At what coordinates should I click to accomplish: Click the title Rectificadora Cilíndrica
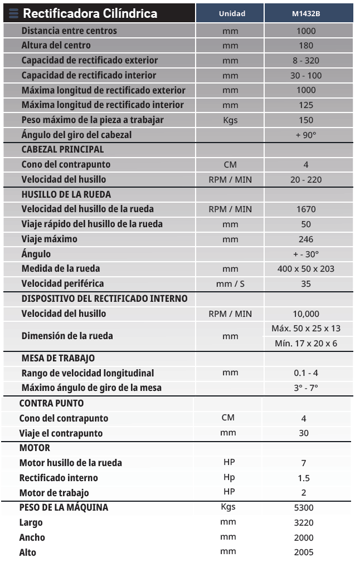tap(90, 13)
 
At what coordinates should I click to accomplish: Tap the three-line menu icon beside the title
tap(13, 13)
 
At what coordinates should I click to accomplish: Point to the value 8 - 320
tap(306, 61)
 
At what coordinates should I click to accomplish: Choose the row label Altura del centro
tap(56, 46)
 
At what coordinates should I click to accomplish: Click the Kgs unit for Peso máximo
tap(230, 120)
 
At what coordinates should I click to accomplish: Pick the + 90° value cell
tap(307, 135)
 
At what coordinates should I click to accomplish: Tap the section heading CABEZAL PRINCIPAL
tap(62, 150)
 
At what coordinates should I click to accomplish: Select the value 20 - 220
tap(306, 180)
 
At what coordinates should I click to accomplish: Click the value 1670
tap(306, 209)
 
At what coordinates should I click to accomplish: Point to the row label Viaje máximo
tap(49, 239)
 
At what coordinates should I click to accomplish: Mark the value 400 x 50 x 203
tap(306, 269)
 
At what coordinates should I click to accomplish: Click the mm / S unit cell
tap(230, 284)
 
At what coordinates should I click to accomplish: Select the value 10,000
tap(306, 314)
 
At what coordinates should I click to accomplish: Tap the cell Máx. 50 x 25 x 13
tap(306, 329)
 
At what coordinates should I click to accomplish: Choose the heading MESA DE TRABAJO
tap(58, 359)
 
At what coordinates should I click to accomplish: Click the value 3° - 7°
tap(306, 388)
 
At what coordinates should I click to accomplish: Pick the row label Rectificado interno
tap(59, 478)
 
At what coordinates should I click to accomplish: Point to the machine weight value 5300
tap(304, 508)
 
